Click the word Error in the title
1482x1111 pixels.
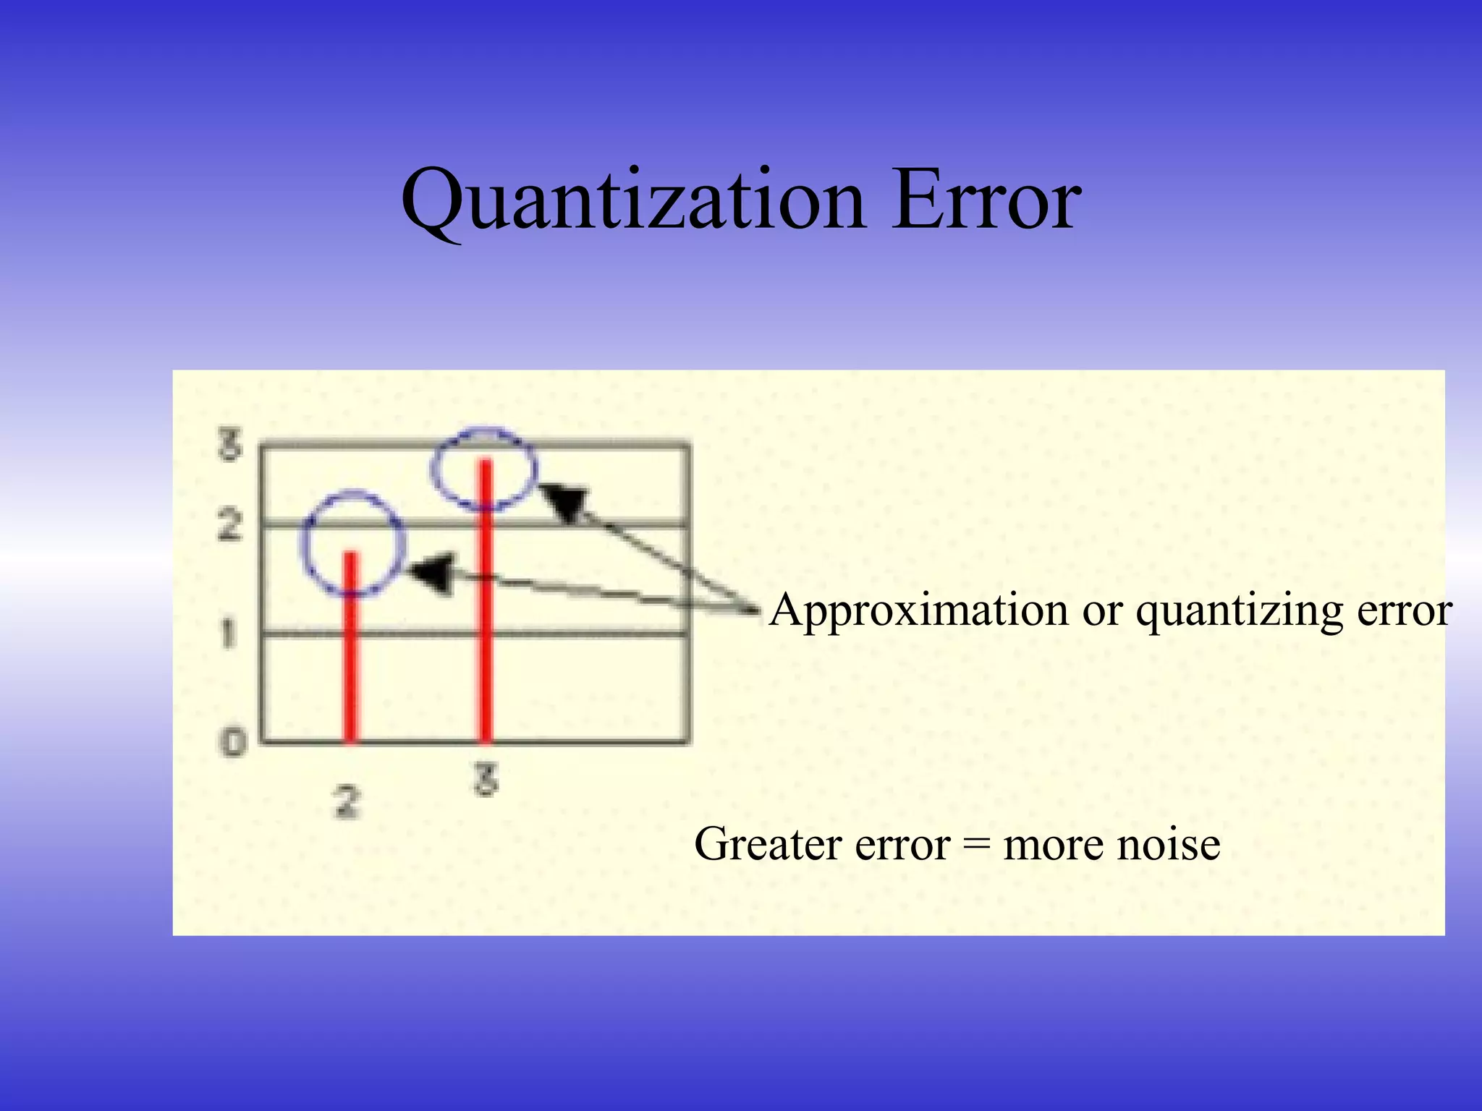pyautogui.click(x=986, y=200)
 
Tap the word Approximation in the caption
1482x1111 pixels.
pyautogui.click(x=918, y=611)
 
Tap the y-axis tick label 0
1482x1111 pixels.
pyautogui.click(x=233, y=742)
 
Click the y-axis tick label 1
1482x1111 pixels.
pyautogui.click(x=228, y=634)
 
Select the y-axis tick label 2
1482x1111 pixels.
pyautogui.click(x=229, y=525)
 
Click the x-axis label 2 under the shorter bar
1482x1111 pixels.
pyautogui.click(x=347, y=802)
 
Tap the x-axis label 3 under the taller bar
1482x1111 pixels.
pyautogui.click(x=486, y=781)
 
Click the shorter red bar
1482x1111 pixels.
pyautogui.click(x=350, y=651)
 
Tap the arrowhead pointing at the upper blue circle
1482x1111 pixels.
pyautogui.click(x=565, y=501)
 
